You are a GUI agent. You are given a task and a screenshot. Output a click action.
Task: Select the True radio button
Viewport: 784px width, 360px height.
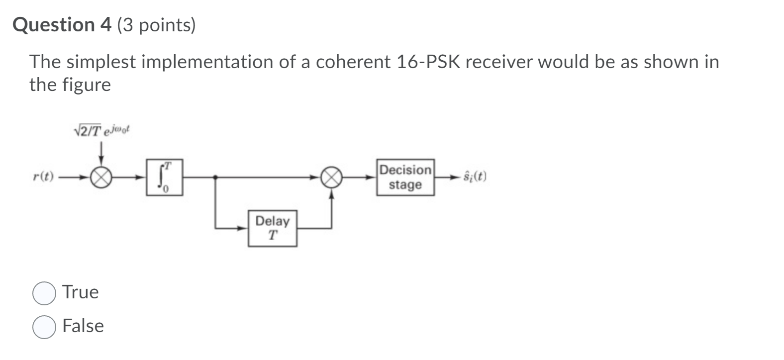pos(44,293)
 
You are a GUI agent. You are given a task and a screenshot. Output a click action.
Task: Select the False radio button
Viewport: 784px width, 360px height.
pos(44,327)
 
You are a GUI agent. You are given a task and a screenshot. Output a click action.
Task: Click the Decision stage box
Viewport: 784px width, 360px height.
pos(405,177)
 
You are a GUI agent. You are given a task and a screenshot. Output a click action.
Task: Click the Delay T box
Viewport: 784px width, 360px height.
pos(273,228)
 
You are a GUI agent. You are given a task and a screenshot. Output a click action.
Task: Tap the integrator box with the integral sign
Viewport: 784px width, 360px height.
pos(164,177)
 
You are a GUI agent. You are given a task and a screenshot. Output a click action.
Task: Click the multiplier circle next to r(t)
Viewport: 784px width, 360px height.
pos(101,177)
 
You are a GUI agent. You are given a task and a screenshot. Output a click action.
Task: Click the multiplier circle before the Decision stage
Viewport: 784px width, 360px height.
pos(332,177)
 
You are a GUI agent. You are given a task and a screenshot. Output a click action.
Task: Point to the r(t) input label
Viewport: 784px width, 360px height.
pos(43,177)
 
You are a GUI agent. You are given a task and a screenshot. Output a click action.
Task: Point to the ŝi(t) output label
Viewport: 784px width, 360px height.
pos(475,177)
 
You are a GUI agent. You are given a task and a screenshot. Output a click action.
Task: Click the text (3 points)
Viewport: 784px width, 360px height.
pos(157,25)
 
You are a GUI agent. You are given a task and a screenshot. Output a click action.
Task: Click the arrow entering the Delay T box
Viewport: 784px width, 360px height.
pos(242,228)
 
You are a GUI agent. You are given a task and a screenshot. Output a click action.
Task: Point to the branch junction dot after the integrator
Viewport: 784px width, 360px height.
pos(215,177)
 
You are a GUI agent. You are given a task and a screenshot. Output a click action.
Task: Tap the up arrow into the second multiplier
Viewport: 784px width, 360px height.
pos(332,196)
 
